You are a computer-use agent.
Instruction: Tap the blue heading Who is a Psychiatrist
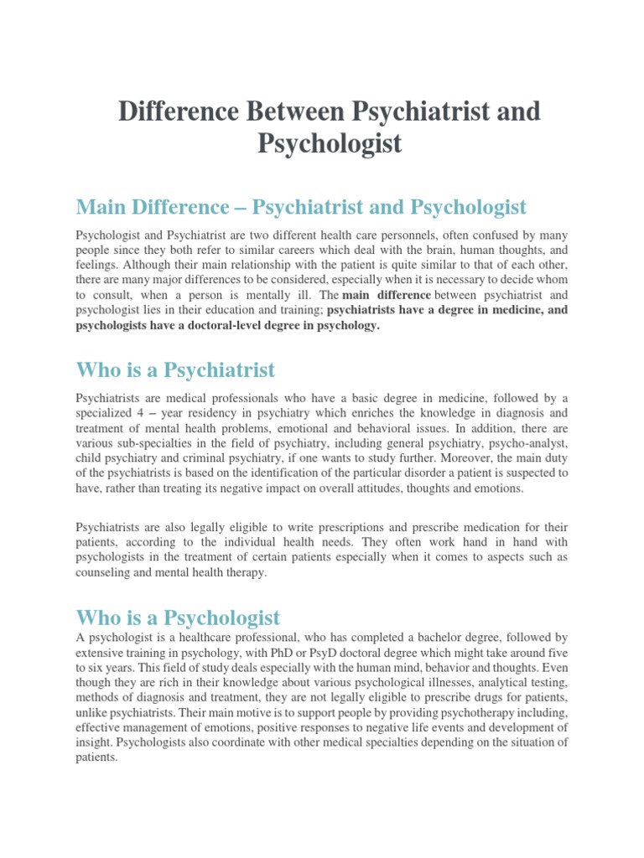[x=175, y=370]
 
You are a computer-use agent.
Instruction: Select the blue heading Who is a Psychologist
[x=178, y=618]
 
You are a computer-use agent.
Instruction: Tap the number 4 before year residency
[x=141, y=413]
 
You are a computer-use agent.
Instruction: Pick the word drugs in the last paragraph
[x=480, y=697]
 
